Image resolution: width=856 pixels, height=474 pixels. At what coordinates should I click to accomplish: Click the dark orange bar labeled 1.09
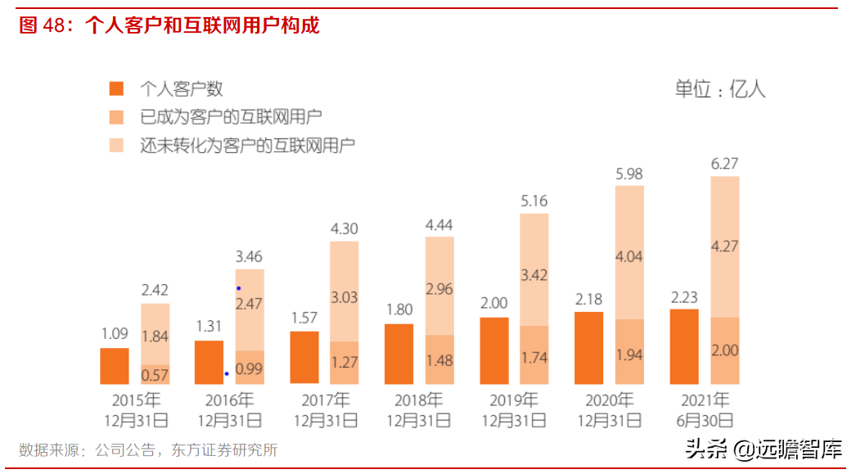click(x=115, y=366)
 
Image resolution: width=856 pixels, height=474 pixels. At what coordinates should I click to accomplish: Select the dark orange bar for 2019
click(x=494, y=350)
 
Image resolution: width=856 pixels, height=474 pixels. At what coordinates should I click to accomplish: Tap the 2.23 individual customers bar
click(x=684, y=346)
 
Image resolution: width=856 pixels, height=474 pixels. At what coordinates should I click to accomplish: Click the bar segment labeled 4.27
click(x=724, y=246)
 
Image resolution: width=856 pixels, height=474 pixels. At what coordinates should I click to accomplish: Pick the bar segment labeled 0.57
click(x=155, y=374)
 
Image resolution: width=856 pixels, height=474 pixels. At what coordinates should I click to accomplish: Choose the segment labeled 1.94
click(x=629, y=352)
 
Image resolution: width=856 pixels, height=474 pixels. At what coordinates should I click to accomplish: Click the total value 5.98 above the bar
click(x=630, y=174)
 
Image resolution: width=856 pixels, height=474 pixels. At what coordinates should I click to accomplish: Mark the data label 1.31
click(x=209, y=327)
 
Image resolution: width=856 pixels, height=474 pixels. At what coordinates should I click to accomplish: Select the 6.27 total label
click(x=725, y=164)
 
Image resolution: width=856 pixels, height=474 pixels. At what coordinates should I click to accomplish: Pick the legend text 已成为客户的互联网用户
click(x=231, y=117)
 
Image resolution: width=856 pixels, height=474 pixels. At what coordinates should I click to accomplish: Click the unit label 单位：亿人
click(x=719, y=89)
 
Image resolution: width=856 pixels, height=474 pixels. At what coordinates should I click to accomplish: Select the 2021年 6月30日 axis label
click(x=705, y=410)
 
